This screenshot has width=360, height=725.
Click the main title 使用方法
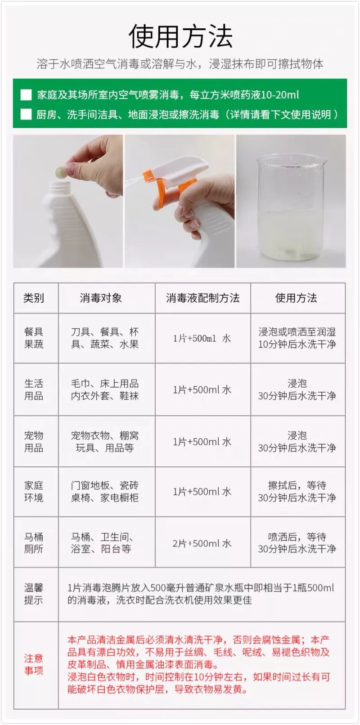(x=180, y=36)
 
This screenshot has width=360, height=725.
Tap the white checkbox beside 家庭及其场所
(x=26, y=95)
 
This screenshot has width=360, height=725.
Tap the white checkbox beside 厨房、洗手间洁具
(x=26, y=114)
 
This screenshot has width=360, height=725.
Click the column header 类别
(x=34, y=298)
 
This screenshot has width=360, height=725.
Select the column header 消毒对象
(x=101, y=298)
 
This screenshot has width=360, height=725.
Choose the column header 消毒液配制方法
(x=202, y=298)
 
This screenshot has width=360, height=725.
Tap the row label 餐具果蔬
(x=34, y=338)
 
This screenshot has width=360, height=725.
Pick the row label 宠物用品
(x=34, y=442)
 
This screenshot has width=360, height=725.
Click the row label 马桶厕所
(x=34, y=543)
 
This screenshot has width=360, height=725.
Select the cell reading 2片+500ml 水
(x=202, y=543)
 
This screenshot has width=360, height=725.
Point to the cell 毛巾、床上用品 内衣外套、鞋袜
(x=105, y=389)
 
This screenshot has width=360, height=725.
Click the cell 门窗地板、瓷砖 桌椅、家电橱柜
(x=105, y=492)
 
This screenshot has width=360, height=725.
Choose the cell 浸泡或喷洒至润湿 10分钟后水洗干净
(x=297, y=338)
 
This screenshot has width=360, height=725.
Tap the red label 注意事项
(x=34, y=664)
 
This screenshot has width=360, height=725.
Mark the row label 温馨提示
(x=34, y=594)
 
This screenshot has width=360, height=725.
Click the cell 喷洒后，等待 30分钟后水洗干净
(x=297, y=543)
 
